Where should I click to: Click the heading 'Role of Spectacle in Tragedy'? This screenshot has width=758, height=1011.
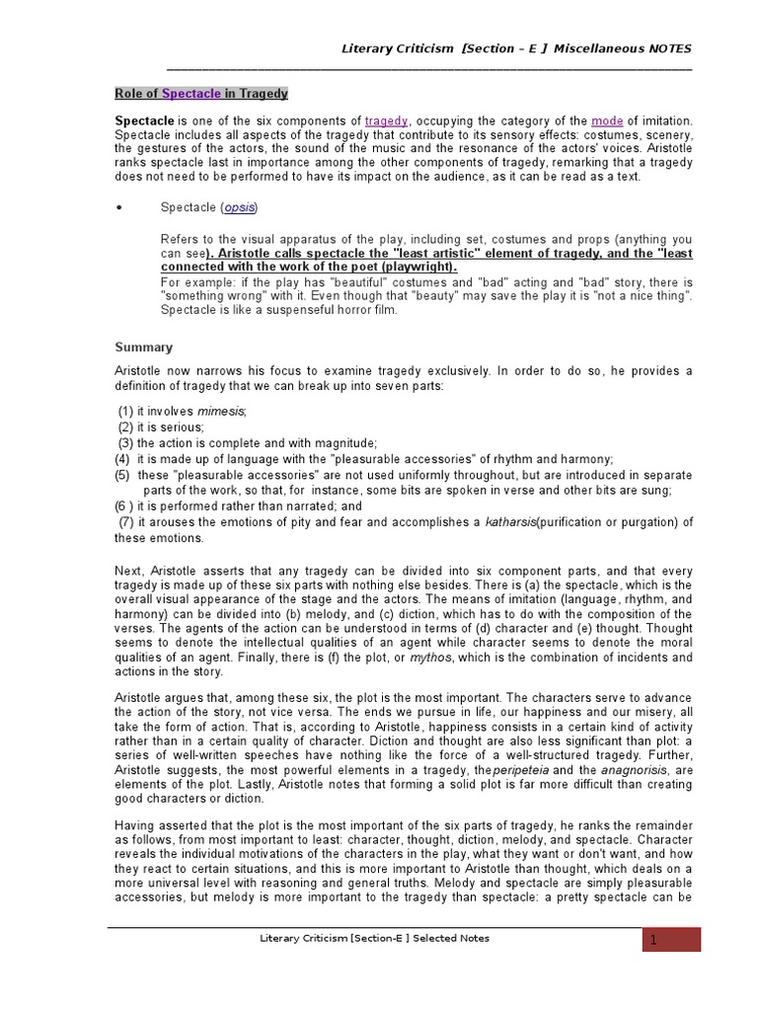pyautogui.click(x=201, y=94)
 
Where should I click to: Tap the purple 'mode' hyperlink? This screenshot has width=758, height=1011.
pyautogui.click(x=607, y=120)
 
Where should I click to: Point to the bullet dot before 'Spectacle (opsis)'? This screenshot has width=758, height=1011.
pyautogui.click(x=118, y=207)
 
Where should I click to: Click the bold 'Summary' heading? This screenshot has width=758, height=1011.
pyautogui.click(x=143, y=348)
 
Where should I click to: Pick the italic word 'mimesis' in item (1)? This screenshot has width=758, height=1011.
pyautogui.click(x=221, y=411)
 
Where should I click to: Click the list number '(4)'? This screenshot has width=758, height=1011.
pyautogui.click(x=122, y=459)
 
